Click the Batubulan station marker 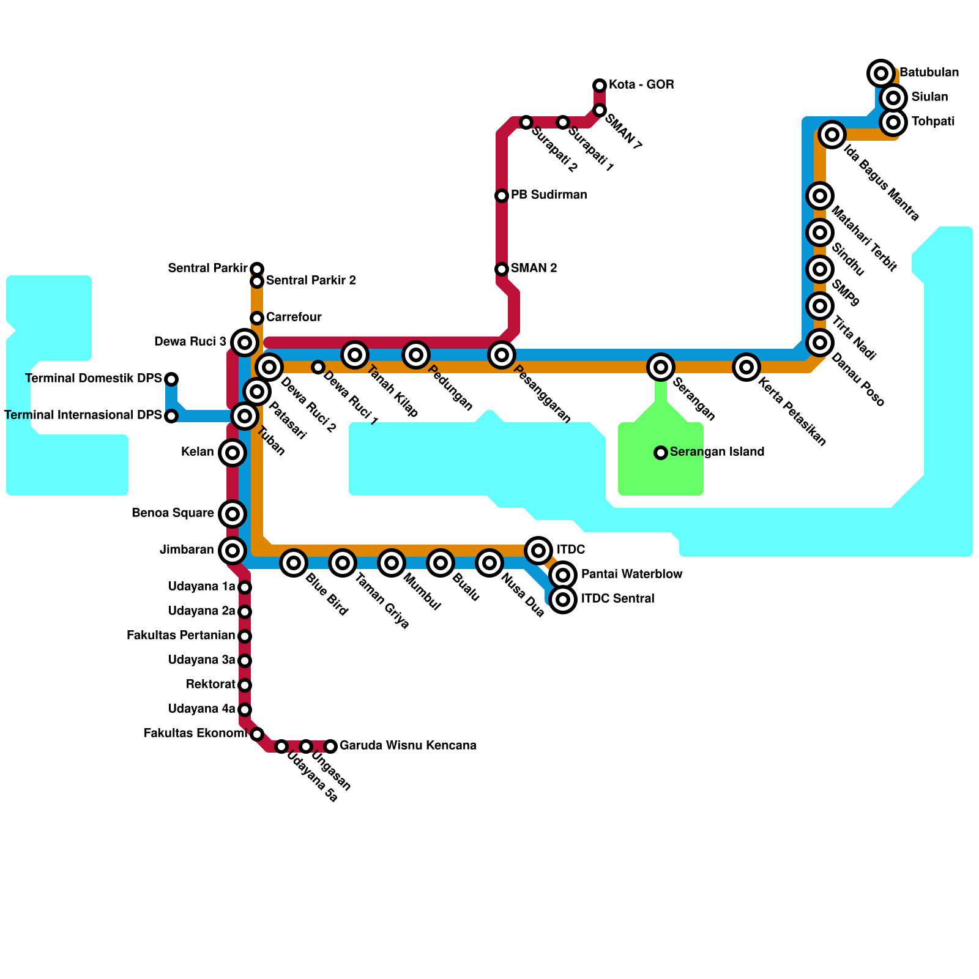[880, 73]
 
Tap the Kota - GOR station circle [600, 85]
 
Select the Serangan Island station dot [660, 453]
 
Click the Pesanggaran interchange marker [502, 355]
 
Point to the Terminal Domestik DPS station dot [171, 379]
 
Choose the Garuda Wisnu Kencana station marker [330, 746]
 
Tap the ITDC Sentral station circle [563, 599]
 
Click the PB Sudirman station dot [502, 196]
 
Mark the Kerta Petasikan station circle [746, 367]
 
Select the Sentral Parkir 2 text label [311, 281]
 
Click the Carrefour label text [294, 318]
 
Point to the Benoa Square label [173, 513]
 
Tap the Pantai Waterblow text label [631, 575]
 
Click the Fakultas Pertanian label [181, 636]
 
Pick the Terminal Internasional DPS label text [83, 415]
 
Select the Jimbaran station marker [232, 551]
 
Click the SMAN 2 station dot [502, 269]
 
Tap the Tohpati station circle [893, 122]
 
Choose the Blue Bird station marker [294, 563]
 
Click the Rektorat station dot [245, 685]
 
